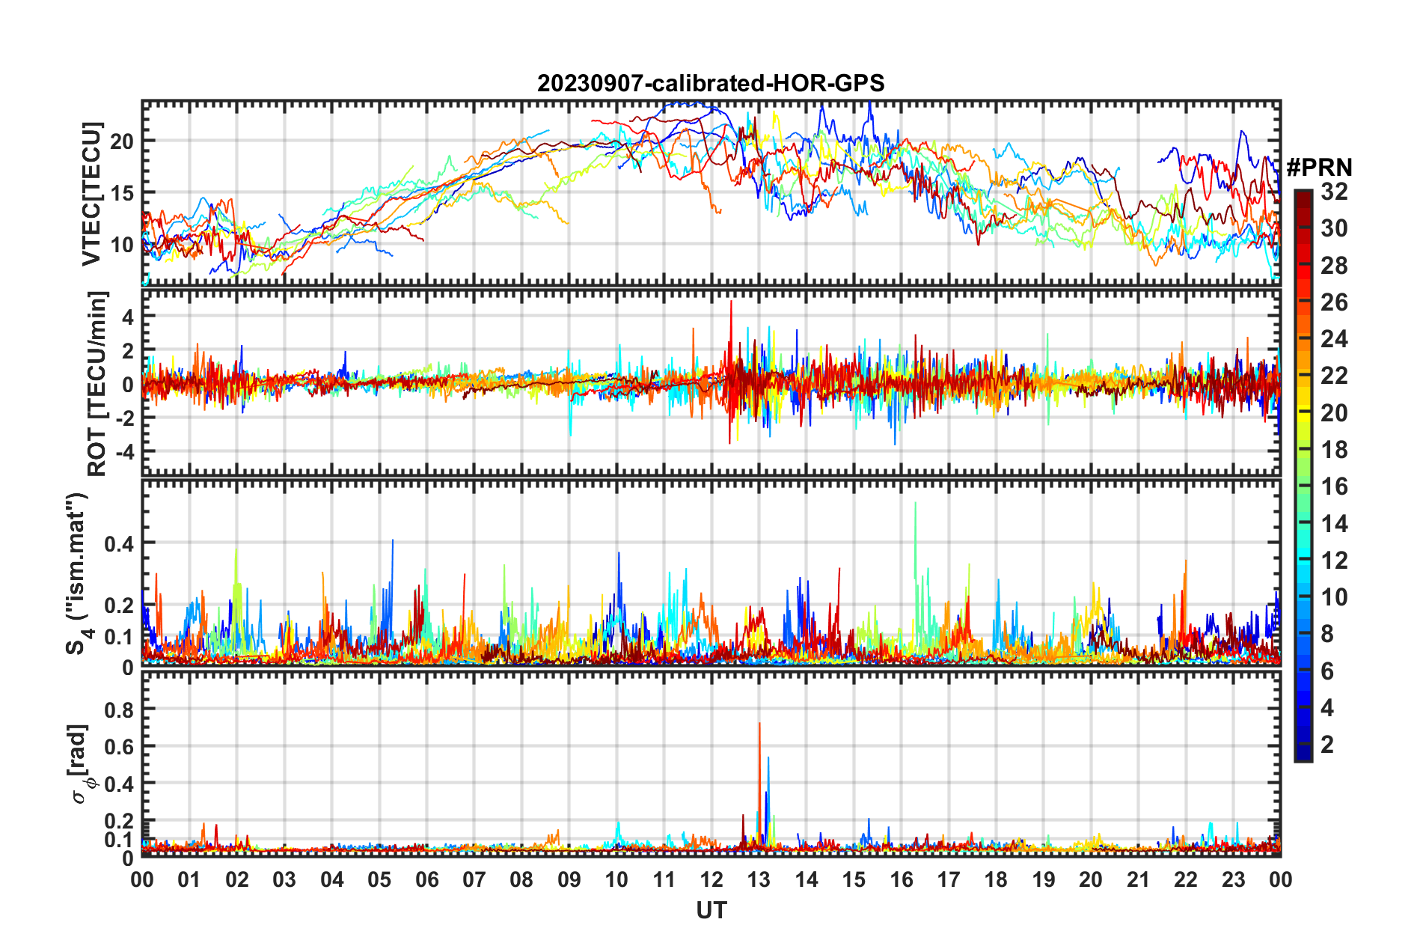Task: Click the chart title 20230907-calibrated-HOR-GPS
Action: [x=711, y=83]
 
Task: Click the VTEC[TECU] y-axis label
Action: [x=91, y=194]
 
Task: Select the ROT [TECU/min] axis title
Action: [x=97, y=384]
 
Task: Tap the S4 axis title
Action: [x=78, y=573]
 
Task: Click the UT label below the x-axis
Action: [x=711, y=910]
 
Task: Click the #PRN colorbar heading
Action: [x=1319, y=168]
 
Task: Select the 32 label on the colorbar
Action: [x=1334, y=192]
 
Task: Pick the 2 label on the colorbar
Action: [x=1327, y=745]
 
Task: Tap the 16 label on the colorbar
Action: [x=1334, y=486]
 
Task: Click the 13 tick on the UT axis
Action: [x=759, y=879]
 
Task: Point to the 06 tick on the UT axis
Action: [x=426, y=879]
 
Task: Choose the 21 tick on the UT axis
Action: [x=1138, y=879]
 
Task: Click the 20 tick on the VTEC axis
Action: [x=122, y=141]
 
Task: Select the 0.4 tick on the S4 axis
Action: [x=119, y=543]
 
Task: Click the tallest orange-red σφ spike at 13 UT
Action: [x=759, y=724]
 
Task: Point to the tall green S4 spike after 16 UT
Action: [x=915, y=504]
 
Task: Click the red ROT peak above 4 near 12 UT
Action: [x=731, y=302]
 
